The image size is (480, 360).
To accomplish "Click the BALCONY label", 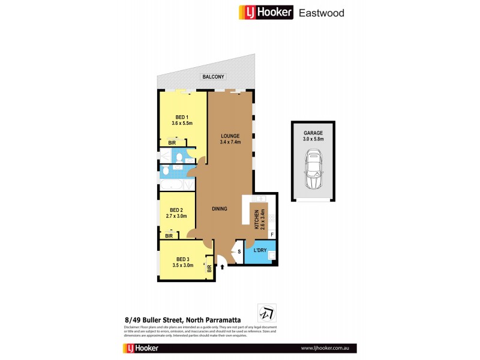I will tap(213, 77).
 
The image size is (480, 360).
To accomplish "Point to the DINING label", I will tap(220, 209).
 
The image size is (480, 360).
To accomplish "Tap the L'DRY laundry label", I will tap(259, 250).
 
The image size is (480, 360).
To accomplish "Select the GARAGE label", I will tap(314, 133).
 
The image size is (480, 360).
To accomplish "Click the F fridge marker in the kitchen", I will tap(272, 234).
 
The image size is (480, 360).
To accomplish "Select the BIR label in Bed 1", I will tap(172, 143).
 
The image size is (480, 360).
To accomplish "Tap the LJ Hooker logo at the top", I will tap(266, 12).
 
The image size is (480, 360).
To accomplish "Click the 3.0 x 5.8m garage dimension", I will tap(314, 139).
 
